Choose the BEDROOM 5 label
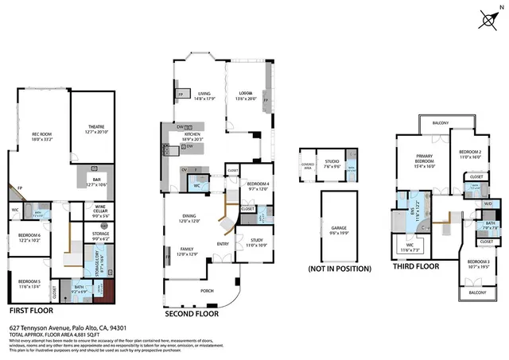tap(28, 282)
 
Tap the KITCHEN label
tap(191, 136)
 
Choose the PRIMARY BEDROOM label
tap(428, 163)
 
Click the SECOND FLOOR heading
tap(192, 313)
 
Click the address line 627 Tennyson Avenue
tap(68, 327)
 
